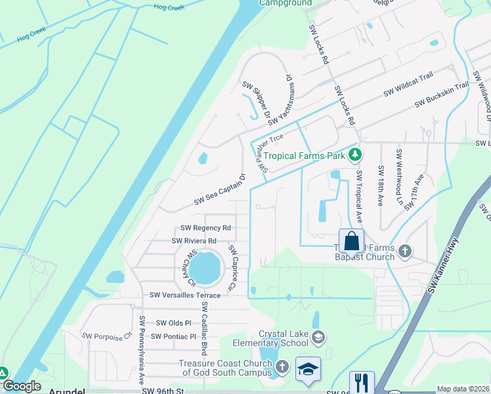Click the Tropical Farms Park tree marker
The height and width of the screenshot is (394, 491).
tap(355, 156)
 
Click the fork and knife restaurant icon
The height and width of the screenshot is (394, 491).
tap(362, 382)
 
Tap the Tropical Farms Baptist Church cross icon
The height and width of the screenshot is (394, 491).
tap(406, 250)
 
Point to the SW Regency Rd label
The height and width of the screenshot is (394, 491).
tap(206, 228)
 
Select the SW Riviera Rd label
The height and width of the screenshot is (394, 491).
tap(194, 241)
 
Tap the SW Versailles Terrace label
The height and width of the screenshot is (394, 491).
tap(185, 295)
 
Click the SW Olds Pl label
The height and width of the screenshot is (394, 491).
tap(173, 323)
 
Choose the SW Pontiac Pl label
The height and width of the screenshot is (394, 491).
tap(173, 336)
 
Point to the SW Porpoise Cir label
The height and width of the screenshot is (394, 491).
tap(106, 336)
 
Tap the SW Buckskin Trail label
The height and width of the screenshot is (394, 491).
tap(442, 96)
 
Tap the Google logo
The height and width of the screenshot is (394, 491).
tap(21, 386)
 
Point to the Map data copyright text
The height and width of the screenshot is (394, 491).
tap(463, 389)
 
